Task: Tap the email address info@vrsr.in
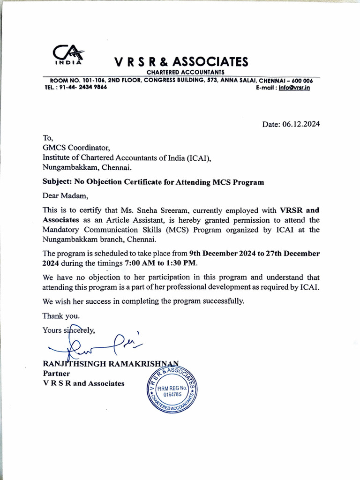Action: (294, 87)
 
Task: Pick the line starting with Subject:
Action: (153, 182)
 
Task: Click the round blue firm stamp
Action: (172, 388)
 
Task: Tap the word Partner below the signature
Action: (56, 374)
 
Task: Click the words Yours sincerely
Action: (68, 330)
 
